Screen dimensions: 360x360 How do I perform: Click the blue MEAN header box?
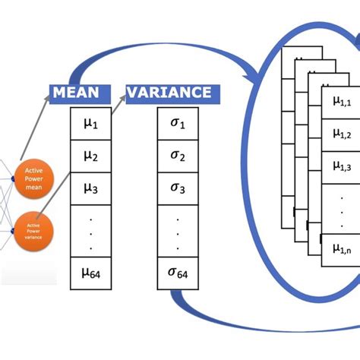click(76, 93)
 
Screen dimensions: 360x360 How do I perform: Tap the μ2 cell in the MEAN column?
click(90, 156)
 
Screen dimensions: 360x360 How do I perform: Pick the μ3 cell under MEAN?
click(90, 188)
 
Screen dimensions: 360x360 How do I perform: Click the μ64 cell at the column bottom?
click(90, 272)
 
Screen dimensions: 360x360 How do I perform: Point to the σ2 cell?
click(178, 156)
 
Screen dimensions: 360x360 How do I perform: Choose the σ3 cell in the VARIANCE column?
click(178, 188)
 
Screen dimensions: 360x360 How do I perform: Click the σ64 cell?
click(178, 272)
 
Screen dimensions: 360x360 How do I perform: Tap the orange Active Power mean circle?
click(34, 175)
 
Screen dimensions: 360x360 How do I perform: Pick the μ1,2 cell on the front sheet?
click(342, 133)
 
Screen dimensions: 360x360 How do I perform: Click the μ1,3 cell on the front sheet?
click(342, 166)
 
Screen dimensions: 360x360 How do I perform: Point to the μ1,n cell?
click(342, 248)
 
